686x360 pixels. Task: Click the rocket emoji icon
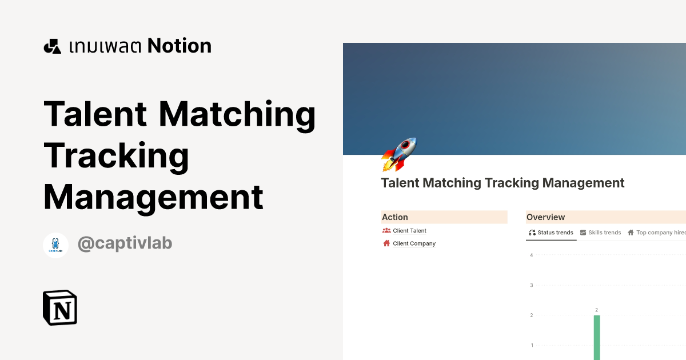[399, 155]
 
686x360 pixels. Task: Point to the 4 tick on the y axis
[532, 255]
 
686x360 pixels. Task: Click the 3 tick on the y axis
[532, 285]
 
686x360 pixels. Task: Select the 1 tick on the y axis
[532, 345]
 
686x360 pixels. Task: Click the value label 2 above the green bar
[596, 310]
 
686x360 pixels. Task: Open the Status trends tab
[551, 233]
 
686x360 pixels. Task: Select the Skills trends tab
[600, 233]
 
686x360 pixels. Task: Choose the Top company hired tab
[657, 233]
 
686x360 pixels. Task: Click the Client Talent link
[409, 231]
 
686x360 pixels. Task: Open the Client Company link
[414, 243]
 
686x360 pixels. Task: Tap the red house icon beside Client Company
[386, 243]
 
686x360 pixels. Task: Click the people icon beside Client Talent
[386, 231]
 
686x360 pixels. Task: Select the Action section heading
[395, 217]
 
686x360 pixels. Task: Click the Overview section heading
[545, 217]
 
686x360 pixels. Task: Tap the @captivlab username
[125, 243]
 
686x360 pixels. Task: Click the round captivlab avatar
[56, 245]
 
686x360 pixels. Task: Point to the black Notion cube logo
[60, 307]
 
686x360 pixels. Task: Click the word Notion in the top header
[180, 46]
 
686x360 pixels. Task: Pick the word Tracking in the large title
[117, 155]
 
